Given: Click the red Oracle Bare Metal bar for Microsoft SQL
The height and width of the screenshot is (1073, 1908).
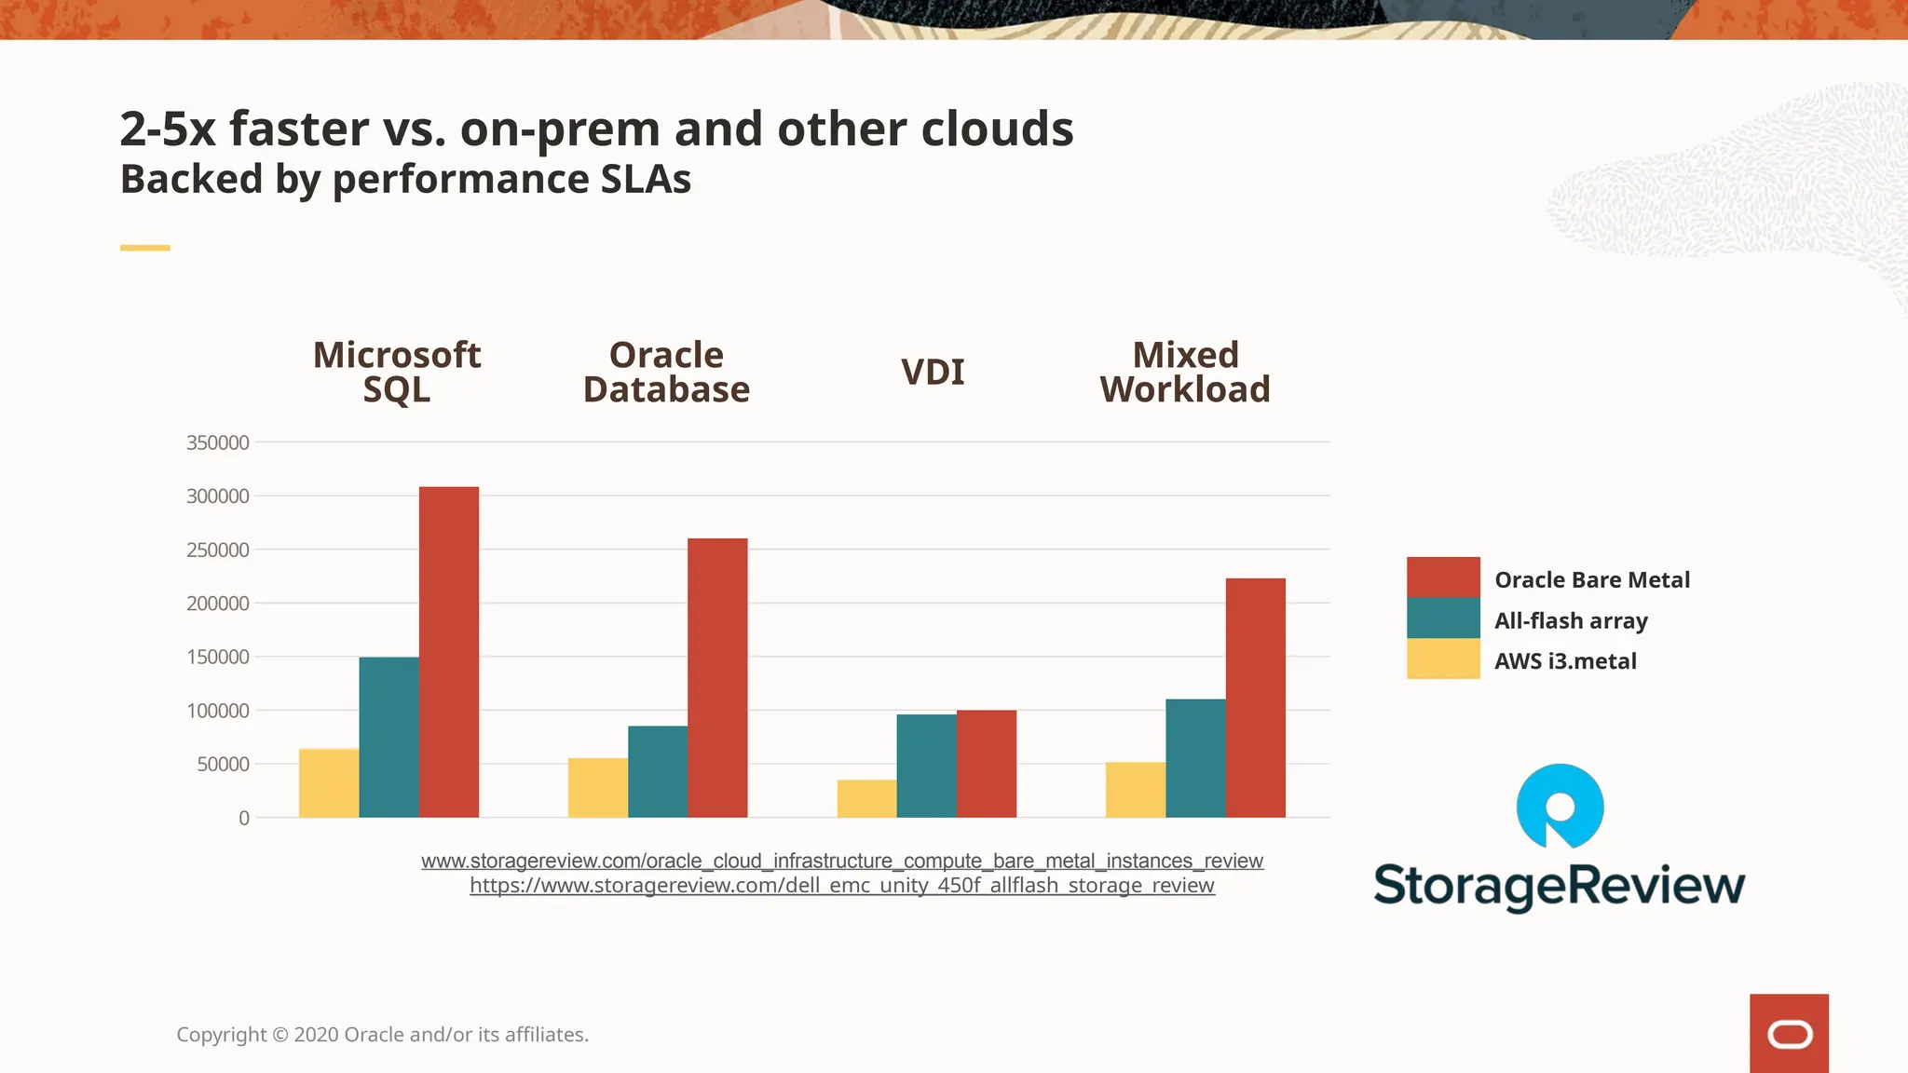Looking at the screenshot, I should [x=448, y=652].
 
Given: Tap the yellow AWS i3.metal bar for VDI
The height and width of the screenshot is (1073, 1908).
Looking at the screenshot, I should [x=866, y=798].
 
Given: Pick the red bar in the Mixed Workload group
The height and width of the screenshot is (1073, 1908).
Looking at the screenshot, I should [x=1255, y=698].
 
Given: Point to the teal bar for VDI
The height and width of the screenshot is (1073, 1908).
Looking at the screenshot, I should [x=926, y=766].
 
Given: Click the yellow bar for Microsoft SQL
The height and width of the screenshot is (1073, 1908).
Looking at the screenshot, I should [x=328, y=782].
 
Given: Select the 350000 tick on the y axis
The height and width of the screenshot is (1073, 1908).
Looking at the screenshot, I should [x=218, y=442].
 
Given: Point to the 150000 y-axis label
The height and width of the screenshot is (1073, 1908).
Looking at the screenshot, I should [x=218, y=657].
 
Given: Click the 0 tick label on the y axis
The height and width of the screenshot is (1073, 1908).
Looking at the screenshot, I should [x=244, y=818].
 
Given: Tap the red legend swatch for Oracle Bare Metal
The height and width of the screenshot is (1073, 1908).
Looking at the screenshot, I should [x=1442, y=577].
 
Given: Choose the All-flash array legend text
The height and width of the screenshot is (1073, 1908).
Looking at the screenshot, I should [x=1571, y=620].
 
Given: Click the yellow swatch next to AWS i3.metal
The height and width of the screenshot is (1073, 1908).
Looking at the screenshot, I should [x=1442, y=659].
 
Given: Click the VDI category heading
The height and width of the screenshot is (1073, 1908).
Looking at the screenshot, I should [x=932, y=372].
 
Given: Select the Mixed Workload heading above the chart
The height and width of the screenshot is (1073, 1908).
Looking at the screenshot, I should [x=1185, y=372].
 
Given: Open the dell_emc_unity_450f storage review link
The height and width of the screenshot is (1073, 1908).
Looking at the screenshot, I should [x=841, y=886].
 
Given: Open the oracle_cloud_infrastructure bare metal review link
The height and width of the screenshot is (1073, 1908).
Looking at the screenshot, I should [x=841, y=861].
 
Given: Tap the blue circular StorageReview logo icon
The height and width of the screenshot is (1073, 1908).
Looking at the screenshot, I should [x=1560, y=806].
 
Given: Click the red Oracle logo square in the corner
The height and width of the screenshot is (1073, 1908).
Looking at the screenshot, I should [x=1788, y=1033].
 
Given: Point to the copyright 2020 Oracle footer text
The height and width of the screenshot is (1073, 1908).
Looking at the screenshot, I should [x=382, y=1035].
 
